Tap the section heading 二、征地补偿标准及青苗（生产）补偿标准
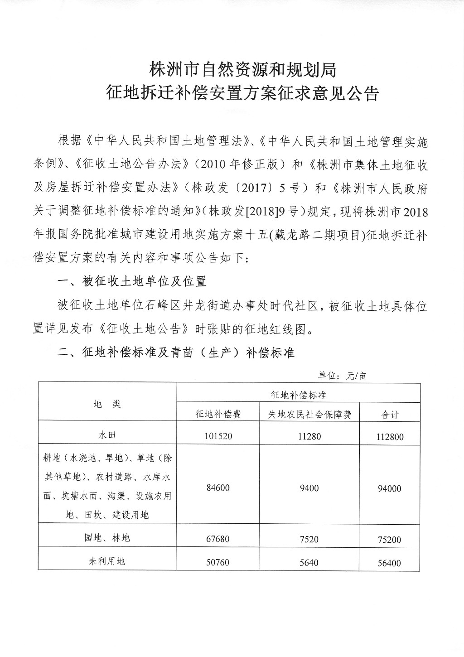pyautogui.click(x=177, y=353)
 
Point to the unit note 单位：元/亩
pyautogui.click(x=342, y=375)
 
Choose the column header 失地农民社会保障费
pyautogui.click(x=309, y=414)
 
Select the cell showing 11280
pyautogui.click(x=309, y=436)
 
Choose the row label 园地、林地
pyautogui.click(x=107, y=538)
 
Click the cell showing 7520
pyautogui.click(x=309, y=539)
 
